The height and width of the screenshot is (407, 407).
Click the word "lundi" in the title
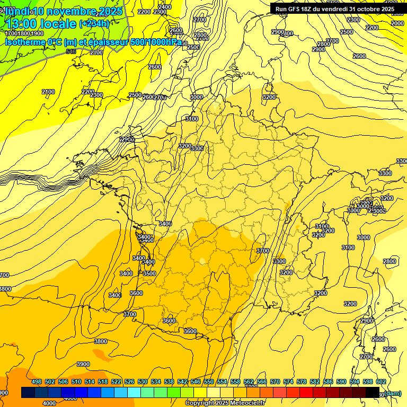coord(16,11)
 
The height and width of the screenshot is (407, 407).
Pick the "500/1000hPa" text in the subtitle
coord(156,42)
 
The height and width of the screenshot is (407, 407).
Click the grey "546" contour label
coord(71,51)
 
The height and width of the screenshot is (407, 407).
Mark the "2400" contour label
coord(165,7)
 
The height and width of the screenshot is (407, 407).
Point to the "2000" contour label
coord(397,23)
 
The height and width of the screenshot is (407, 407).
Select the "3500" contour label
coord(149,273)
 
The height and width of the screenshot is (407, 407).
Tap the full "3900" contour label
coord(83,364)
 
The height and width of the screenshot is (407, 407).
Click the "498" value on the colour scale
coord(36,382)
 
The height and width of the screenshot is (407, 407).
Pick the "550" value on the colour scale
coord(208,382)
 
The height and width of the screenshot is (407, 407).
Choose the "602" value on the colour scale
coord(381,382)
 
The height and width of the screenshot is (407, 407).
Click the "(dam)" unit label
coord(392,393)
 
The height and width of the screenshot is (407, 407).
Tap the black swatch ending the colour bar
coord(373,393)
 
